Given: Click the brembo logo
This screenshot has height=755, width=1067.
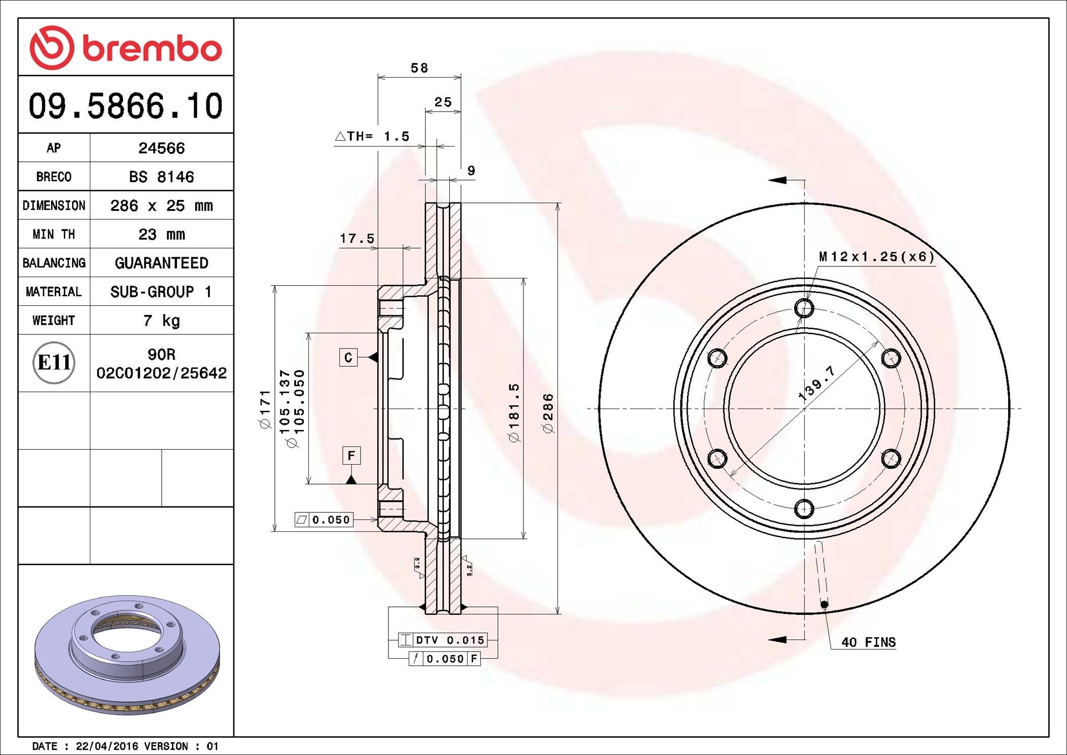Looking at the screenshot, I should click(125, 48).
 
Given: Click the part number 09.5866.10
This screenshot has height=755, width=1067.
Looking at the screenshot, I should click(125, 106).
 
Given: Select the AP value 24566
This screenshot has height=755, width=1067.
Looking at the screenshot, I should click(161, 148).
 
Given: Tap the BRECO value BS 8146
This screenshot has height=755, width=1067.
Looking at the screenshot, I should click(161, 177).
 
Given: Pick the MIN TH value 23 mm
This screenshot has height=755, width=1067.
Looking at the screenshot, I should click(161, 234).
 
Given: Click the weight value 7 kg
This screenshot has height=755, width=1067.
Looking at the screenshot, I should click(161, 321).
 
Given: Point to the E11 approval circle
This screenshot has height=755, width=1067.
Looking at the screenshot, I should click(54, 363).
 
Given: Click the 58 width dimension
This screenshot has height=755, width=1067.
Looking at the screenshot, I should click(419, 68).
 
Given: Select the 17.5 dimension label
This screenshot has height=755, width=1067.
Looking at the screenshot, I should click(357, 238).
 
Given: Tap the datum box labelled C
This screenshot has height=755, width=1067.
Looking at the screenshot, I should click(348, 357).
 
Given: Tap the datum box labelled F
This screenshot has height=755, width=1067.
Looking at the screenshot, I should click(351, 456).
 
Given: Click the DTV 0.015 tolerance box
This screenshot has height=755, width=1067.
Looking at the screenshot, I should click(443, 640).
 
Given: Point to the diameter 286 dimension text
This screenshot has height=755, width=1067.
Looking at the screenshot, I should click(548, 414).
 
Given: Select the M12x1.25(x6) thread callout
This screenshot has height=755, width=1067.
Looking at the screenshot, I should click(876, 257).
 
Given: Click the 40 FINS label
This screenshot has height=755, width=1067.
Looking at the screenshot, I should click(868, 642).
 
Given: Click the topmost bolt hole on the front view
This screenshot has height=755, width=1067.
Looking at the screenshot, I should click(804, 308).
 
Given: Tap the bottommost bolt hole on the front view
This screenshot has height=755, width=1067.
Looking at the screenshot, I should click(804, 508).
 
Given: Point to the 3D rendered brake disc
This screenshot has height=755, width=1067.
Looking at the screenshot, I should click(127, 655).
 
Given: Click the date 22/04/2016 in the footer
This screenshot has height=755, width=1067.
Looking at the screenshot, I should click(107, 746).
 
